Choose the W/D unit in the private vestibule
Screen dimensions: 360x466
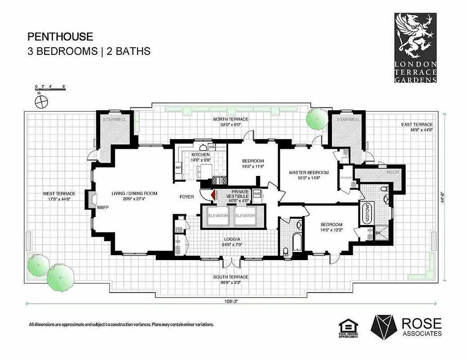257,193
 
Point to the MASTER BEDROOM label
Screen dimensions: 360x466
309,172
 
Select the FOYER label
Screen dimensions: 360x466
187,197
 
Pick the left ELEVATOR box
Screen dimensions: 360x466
217,216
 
